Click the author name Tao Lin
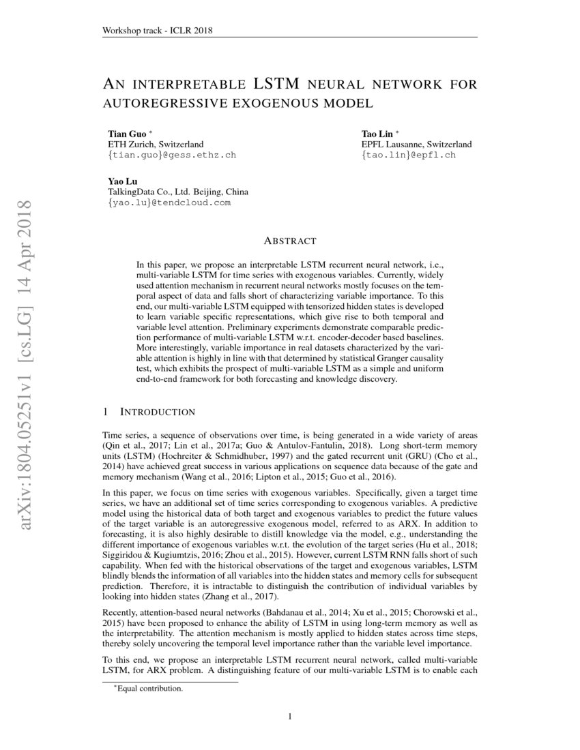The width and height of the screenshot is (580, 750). coord(377,134)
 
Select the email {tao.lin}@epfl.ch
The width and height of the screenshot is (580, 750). coord(408,155)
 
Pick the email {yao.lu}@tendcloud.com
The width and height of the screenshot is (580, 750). coord(169,202)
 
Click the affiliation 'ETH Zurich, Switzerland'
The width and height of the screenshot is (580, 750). coord(156,145)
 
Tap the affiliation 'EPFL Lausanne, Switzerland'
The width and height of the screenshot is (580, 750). coord(416,145)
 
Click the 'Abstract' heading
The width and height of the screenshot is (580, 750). coord(289,241)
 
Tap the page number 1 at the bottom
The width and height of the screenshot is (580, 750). coord(290,717)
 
